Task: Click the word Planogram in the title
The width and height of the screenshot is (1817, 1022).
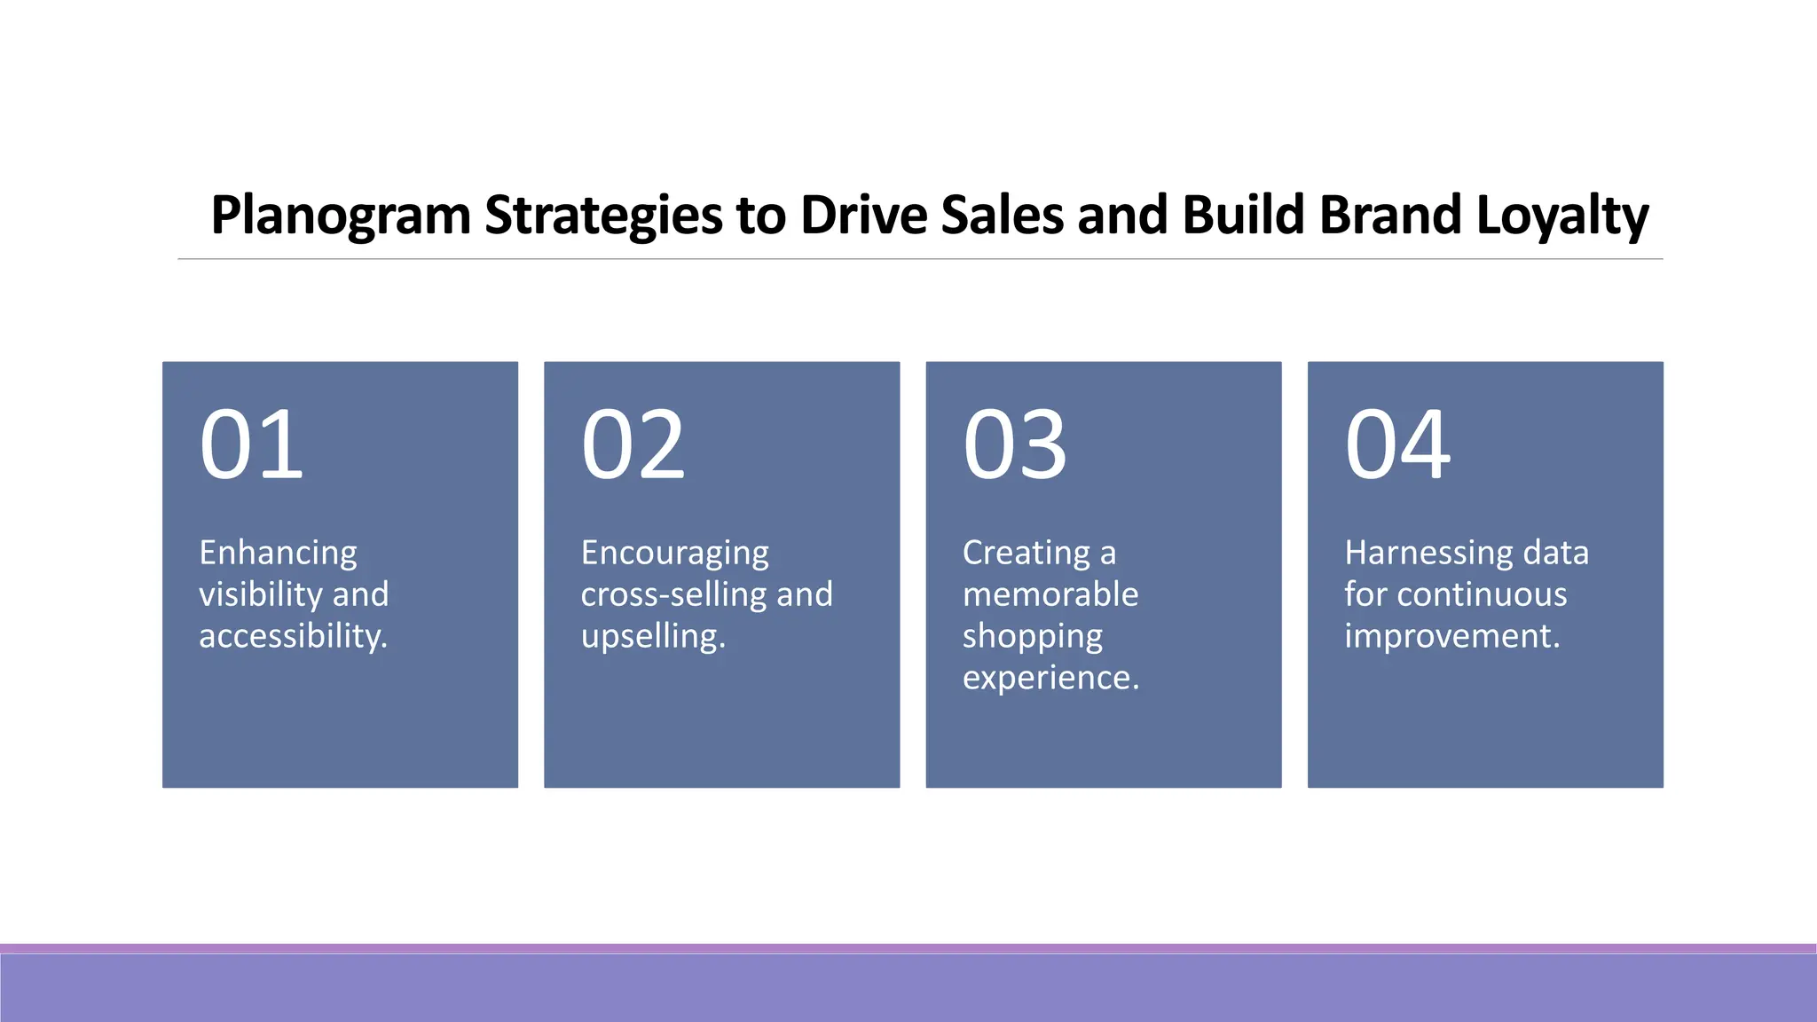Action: (x=341, y=216)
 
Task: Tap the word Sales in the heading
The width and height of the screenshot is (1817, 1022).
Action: (x=1002, y=216)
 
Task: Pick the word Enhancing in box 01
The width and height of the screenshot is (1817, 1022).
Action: (x=278, y=554)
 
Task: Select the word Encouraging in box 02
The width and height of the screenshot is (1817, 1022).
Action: (x=674, y=554)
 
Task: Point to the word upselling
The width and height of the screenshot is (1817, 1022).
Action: (x=653, y=636)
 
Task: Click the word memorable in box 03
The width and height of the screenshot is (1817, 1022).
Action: (x=1050, y=594)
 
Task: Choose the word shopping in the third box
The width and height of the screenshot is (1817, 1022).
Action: (x=1033, y=636)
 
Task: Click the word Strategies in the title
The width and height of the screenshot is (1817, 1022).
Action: (x=603, y=216)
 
